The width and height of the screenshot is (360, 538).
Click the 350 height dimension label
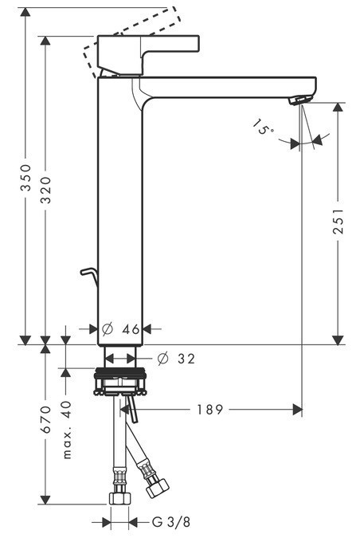[x=25, y=176]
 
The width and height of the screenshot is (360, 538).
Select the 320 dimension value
[x=47, y=188]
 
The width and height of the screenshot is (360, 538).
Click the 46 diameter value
[x=131, y=328]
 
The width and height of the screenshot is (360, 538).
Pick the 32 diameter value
[x=186, y=359]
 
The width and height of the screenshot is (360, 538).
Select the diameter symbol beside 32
[x=162, y=359]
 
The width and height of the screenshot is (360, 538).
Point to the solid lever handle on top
[x=159, y=46]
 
